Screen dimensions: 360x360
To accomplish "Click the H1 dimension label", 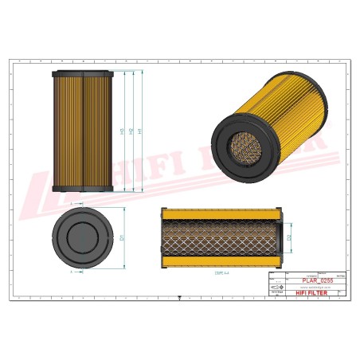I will (141, 131).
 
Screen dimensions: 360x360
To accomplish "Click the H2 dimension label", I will (131, 131).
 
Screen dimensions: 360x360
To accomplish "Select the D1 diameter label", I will (122, 237).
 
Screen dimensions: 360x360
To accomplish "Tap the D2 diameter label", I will (289, 237).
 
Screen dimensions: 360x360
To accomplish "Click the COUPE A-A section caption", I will (221, 272).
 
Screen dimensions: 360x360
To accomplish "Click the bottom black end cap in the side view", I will (84, 189).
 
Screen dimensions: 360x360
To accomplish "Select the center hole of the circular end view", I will (84, 237).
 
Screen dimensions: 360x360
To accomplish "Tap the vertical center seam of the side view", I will (84, 131).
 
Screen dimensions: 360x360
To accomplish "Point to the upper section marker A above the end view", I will (72, 204).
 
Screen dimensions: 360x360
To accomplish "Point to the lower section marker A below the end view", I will (72, 271).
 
